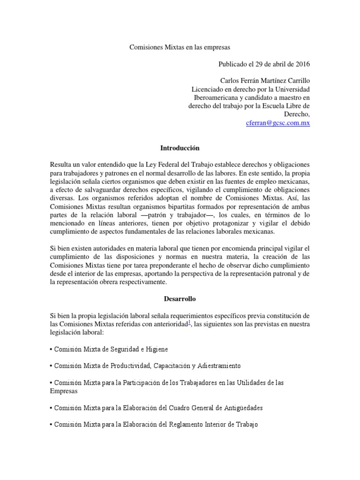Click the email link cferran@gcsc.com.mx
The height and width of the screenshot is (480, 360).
coord(278,123)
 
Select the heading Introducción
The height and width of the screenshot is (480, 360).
coord(180,148)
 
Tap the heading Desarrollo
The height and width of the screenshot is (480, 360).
coord(180,298)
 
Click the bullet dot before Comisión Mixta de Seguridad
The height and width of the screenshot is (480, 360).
coord(51,350)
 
